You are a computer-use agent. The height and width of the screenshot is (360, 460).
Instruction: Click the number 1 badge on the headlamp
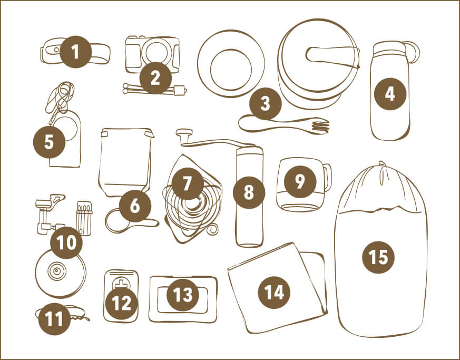tap(76, 52)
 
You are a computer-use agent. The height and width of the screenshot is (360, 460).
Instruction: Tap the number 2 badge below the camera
tap(155, 78)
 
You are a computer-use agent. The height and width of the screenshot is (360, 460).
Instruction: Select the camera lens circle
tap(156, 53)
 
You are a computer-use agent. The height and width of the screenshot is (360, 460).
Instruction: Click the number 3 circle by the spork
tap(265, 103)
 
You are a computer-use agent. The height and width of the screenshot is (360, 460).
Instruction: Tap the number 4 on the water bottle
tap(390, 94)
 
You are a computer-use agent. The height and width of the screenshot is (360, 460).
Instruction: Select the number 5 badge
tap(49, 142)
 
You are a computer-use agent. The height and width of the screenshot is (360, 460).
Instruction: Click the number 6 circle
tap(135, 206)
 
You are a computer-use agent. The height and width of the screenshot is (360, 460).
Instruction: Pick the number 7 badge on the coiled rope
tap(188, 183)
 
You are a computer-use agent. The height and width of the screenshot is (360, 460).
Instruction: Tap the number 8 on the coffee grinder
tap(249, 192)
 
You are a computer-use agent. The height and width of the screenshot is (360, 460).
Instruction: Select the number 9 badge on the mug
tap(300, 181)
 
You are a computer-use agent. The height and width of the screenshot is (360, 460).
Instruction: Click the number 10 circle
tap(66, 242)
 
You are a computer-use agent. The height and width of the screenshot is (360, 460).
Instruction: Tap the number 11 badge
tap(55, 319)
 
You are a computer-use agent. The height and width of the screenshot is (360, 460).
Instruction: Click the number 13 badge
tap(183, 295)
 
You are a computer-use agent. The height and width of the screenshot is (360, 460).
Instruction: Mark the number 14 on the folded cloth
tap(274, 292)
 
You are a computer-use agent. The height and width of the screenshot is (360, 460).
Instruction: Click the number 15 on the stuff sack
tap(378, 257)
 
